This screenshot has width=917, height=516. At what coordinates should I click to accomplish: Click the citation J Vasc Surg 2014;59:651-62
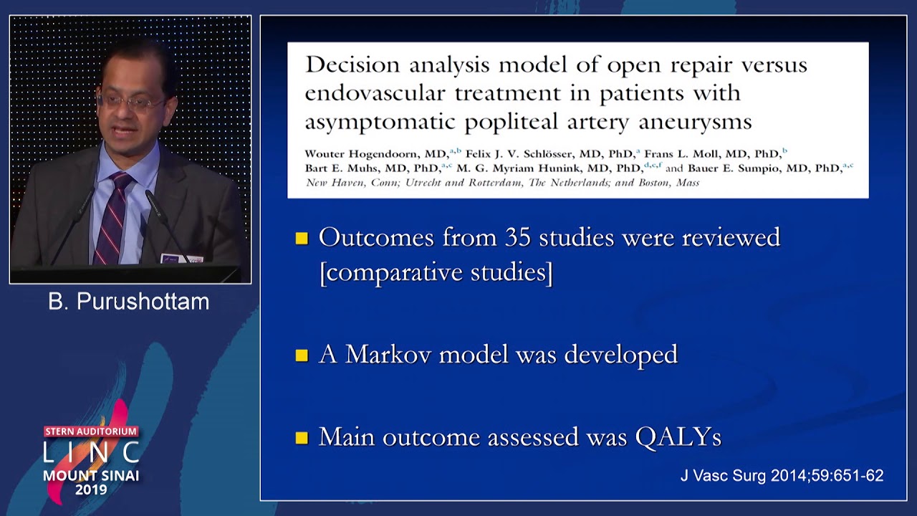pos(782,476)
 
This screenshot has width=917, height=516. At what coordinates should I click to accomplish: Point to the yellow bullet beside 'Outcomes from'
pos(302,238)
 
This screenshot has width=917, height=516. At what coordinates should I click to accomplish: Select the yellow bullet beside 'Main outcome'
pos(302,437)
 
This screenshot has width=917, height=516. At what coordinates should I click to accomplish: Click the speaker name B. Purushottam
pos(129,302)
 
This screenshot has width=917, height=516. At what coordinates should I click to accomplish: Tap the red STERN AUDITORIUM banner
pos(91,431)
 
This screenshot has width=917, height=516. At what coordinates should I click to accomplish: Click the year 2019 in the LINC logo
pos(91,490)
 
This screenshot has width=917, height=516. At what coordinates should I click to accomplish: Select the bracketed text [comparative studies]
pos(436,273)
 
